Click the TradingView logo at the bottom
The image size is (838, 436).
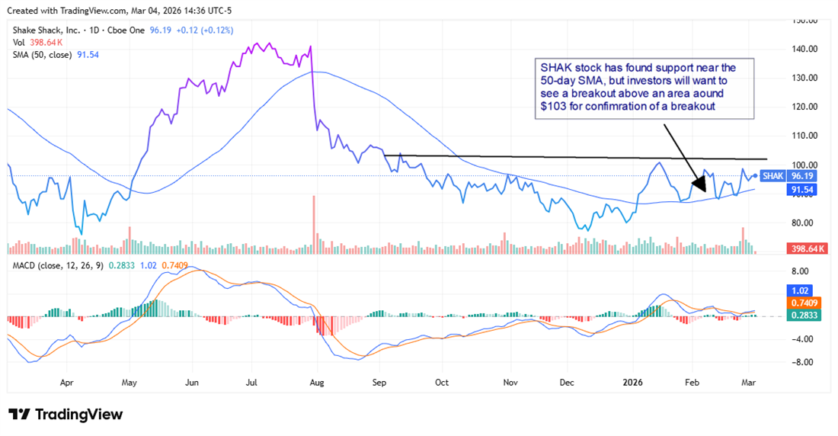(x=66, y=414)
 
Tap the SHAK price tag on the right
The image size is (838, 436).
(x=773, y=175)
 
